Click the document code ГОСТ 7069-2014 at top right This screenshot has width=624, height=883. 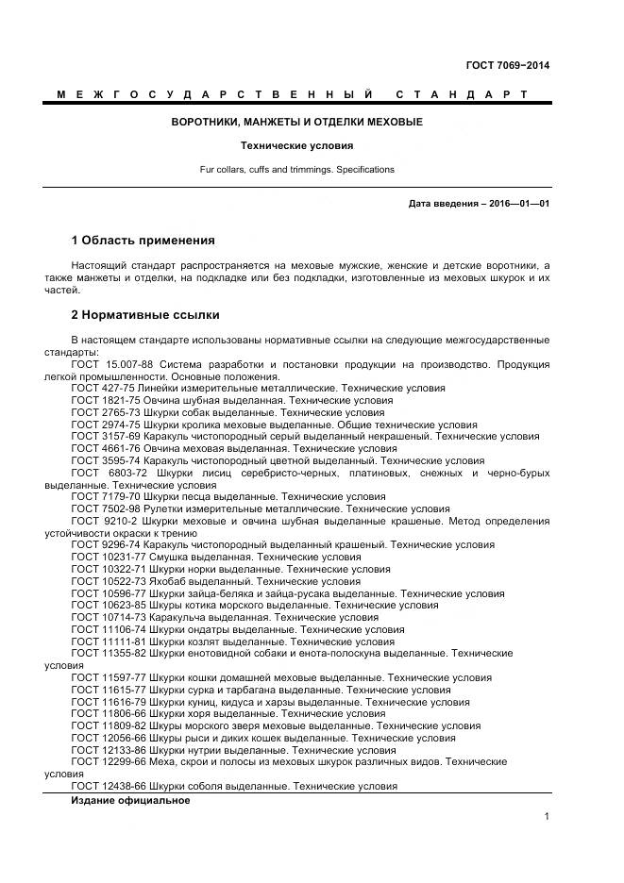click(x=508, y=65)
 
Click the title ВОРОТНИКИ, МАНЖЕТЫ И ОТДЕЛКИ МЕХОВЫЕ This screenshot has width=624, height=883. click(x=296, y=123)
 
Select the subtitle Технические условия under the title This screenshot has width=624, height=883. click(x=296, y=146)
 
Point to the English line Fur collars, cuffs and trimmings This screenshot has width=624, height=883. click(x=296, y=170)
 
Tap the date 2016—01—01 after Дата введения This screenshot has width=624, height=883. click(x=518, y=203)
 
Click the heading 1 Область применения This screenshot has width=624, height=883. click(x=143, y=241)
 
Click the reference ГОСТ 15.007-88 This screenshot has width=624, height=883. click(x=114, y=363)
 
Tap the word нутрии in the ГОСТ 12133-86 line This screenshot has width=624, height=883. click(x=206, y=750)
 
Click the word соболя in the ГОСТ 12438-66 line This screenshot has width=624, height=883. click(x=207, y=786)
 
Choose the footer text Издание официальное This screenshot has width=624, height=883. click(x=130, y=800)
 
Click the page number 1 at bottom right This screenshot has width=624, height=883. click(x=547, y=817)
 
